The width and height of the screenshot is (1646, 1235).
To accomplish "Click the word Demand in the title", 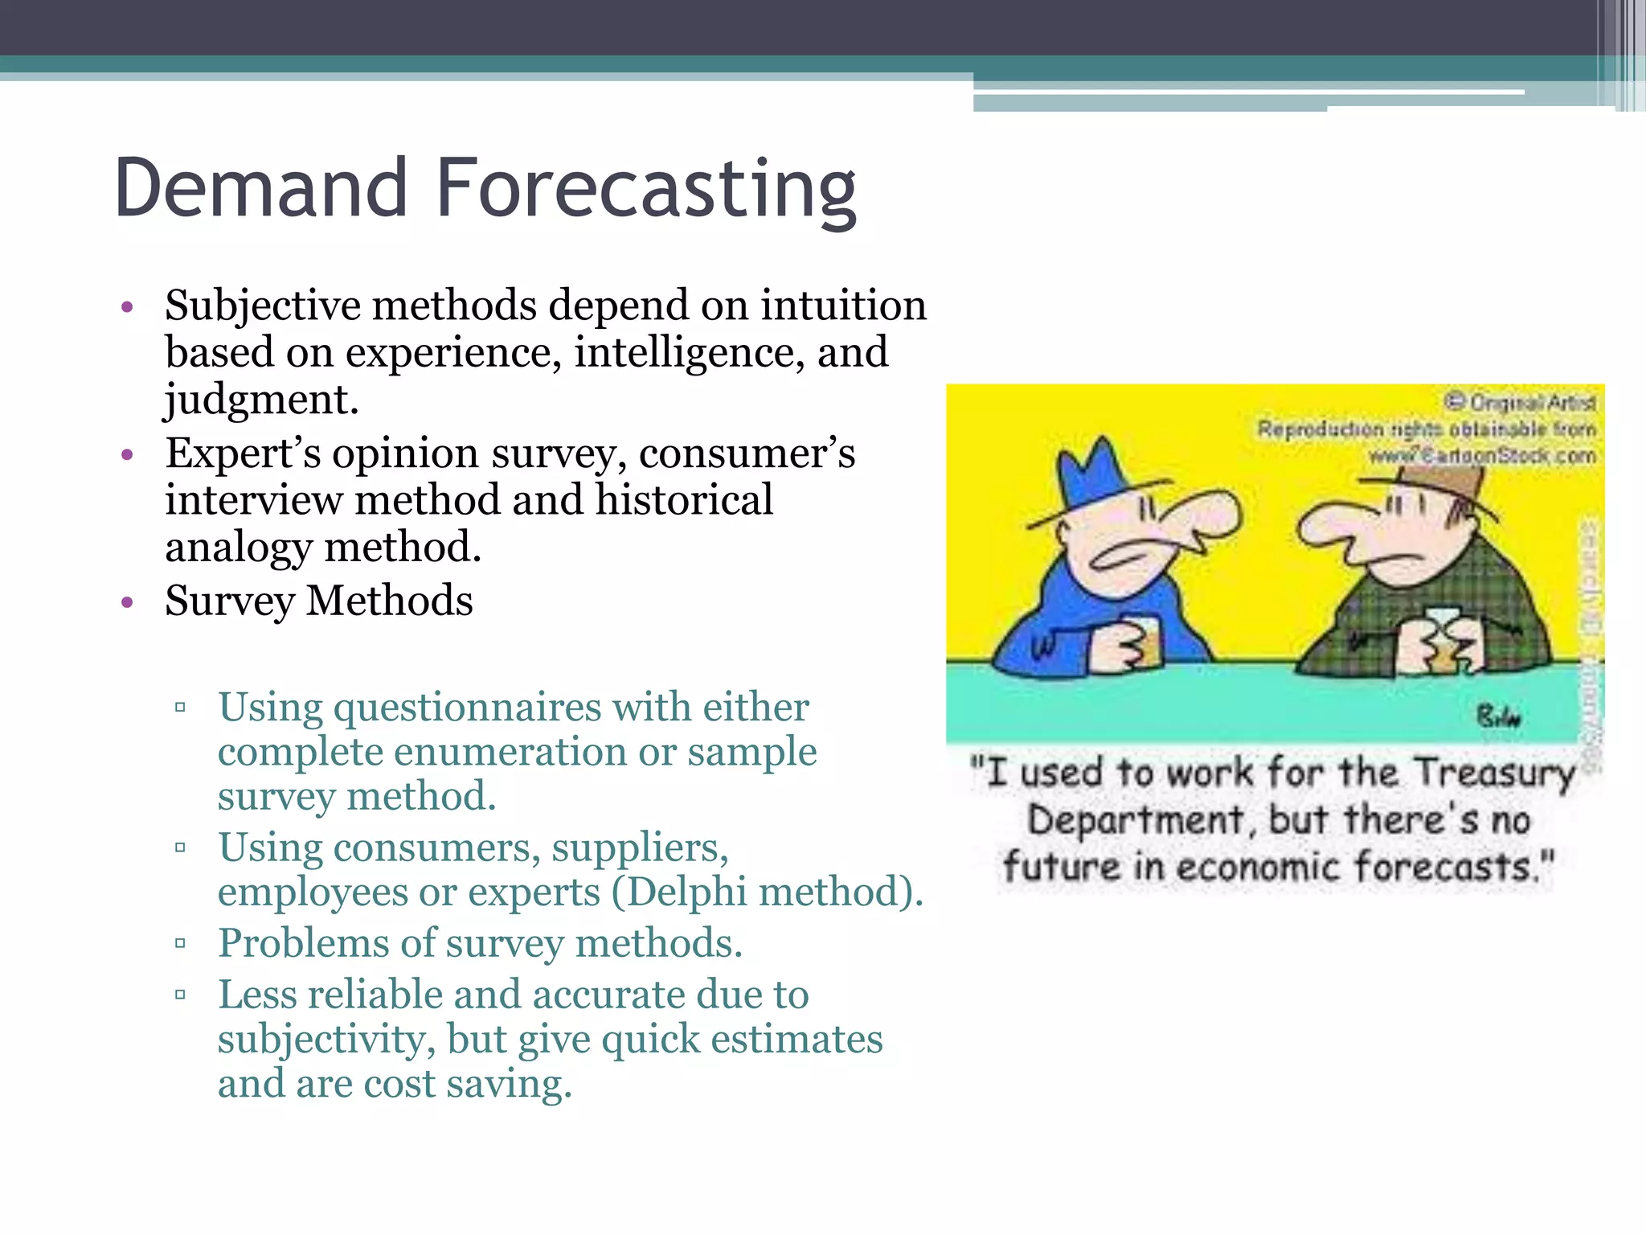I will point(261,189).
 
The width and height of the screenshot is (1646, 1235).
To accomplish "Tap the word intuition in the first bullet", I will point(843,306).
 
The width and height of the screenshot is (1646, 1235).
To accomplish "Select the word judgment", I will point(260,400).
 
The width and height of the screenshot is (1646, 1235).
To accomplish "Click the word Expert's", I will point(242,453).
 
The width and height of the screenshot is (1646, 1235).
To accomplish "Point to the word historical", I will point(684,500).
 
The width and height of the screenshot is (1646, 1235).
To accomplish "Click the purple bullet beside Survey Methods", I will point(126,602).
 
